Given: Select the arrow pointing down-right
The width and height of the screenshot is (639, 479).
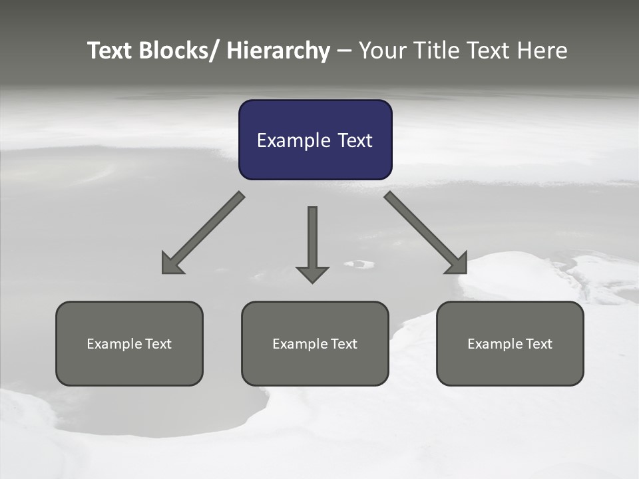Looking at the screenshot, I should point(426,234).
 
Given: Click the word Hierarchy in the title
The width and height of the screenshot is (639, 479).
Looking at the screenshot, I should point(278,51).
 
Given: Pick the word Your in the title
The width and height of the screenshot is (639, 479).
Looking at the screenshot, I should point(382,51).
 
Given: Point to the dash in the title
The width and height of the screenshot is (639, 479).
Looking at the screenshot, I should point(343,51).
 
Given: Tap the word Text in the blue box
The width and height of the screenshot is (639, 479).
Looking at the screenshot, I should point(353,140).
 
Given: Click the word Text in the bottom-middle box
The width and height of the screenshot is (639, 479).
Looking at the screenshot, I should point(343,344).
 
